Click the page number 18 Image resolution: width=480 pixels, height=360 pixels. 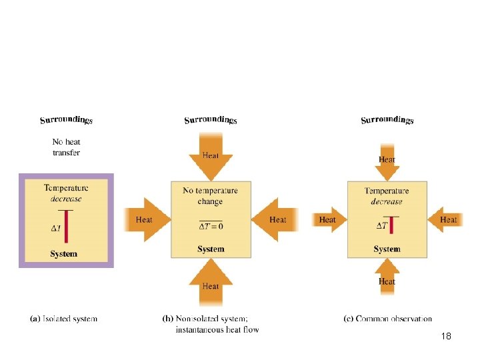click(x=446, y=337)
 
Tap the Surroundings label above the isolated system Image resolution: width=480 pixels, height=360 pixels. click(x=66, y=120)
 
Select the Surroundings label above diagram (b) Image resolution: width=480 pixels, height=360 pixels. click(x=210, y=120)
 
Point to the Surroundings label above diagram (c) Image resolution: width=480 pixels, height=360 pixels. click(x=387, y=120)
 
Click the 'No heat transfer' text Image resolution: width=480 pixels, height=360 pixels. click(x=66, y=147)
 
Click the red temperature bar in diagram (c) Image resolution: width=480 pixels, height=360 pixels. click(x=392, y=225)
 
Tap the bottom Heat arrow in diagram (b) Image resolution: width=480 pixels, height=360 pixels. click(x=211, y=282)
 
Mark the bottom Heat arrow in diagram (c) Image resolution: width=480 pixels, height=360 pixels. click(x=387, y=279)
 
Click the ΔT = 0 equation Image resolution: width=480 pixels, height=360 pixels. click(x=211, y=226)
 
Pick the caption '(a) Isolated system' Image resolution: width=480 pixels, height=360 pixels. click(x=64, y=319)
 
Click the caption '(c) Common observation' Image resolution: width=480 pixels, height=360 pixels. click(x=387, y=319)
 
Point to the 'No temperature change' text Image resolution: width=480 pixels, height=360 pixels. click(x=211, y=196)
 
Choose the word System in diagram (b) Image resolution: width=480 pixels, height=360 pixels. click(x=211, y=249)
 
